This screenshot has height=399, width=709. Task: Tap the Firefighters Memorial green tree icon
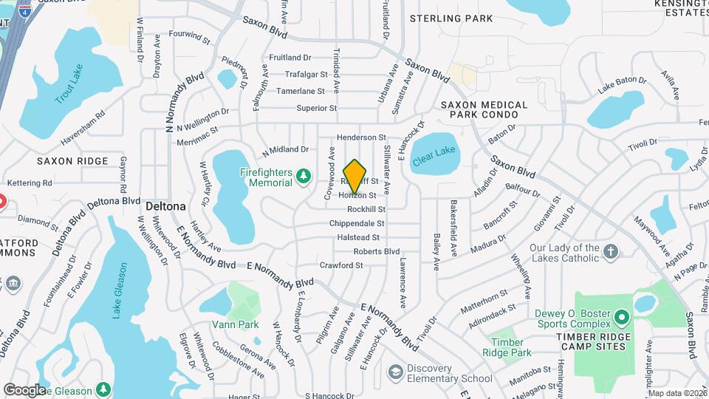pos(303,176)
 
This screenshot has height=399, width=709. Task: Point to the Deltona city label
pos(165,205)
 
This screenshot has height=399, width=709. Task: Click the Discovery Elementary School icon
pos(397,371)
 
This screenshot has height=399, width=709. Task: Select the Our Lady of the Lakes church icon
pos(610,252)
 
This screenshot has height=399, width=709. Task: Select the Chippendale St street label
pos(357,223)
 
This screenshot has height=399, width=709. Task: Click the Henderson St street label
pos(362,137)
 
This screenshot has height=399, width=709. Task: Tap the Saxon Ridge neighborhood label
pos(72,160)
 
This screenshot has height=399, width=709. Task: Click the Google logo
pos(24,389)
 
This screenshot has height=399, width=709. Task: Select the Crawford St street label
pos(341,265)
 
